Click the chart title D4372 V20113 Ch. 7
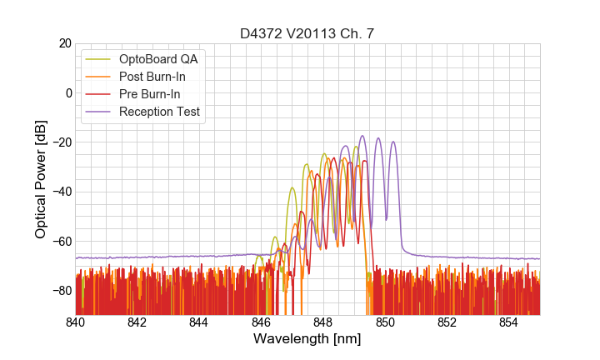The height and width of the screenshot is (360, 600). (307, 32)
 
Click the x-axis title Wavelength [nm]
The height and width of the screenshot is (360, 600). (307, 339)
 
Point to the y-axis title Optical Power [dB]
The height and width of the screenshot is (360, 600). (41, 179)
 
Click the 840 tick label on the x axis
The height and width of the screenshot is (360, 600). (76, 322)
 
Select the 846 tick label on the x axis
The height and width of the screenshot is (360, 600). (261, 322)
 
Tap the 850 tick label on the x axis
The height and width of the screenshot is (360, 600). (385, 322)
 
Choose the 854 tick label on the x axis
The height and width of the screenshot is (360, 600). (508, 322)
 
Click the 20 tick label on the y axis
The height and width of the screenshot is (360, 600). (63, 43)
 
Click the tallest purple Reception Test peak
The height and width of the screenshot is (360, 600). (362, 137)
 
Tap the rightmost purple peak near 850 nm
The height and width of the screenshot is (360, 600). (393, 142)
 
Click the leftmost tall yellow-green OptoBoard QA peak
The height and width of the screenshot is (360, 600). (292, 188)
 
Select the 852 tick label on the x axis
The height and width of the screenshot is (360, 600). (447, 322)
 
